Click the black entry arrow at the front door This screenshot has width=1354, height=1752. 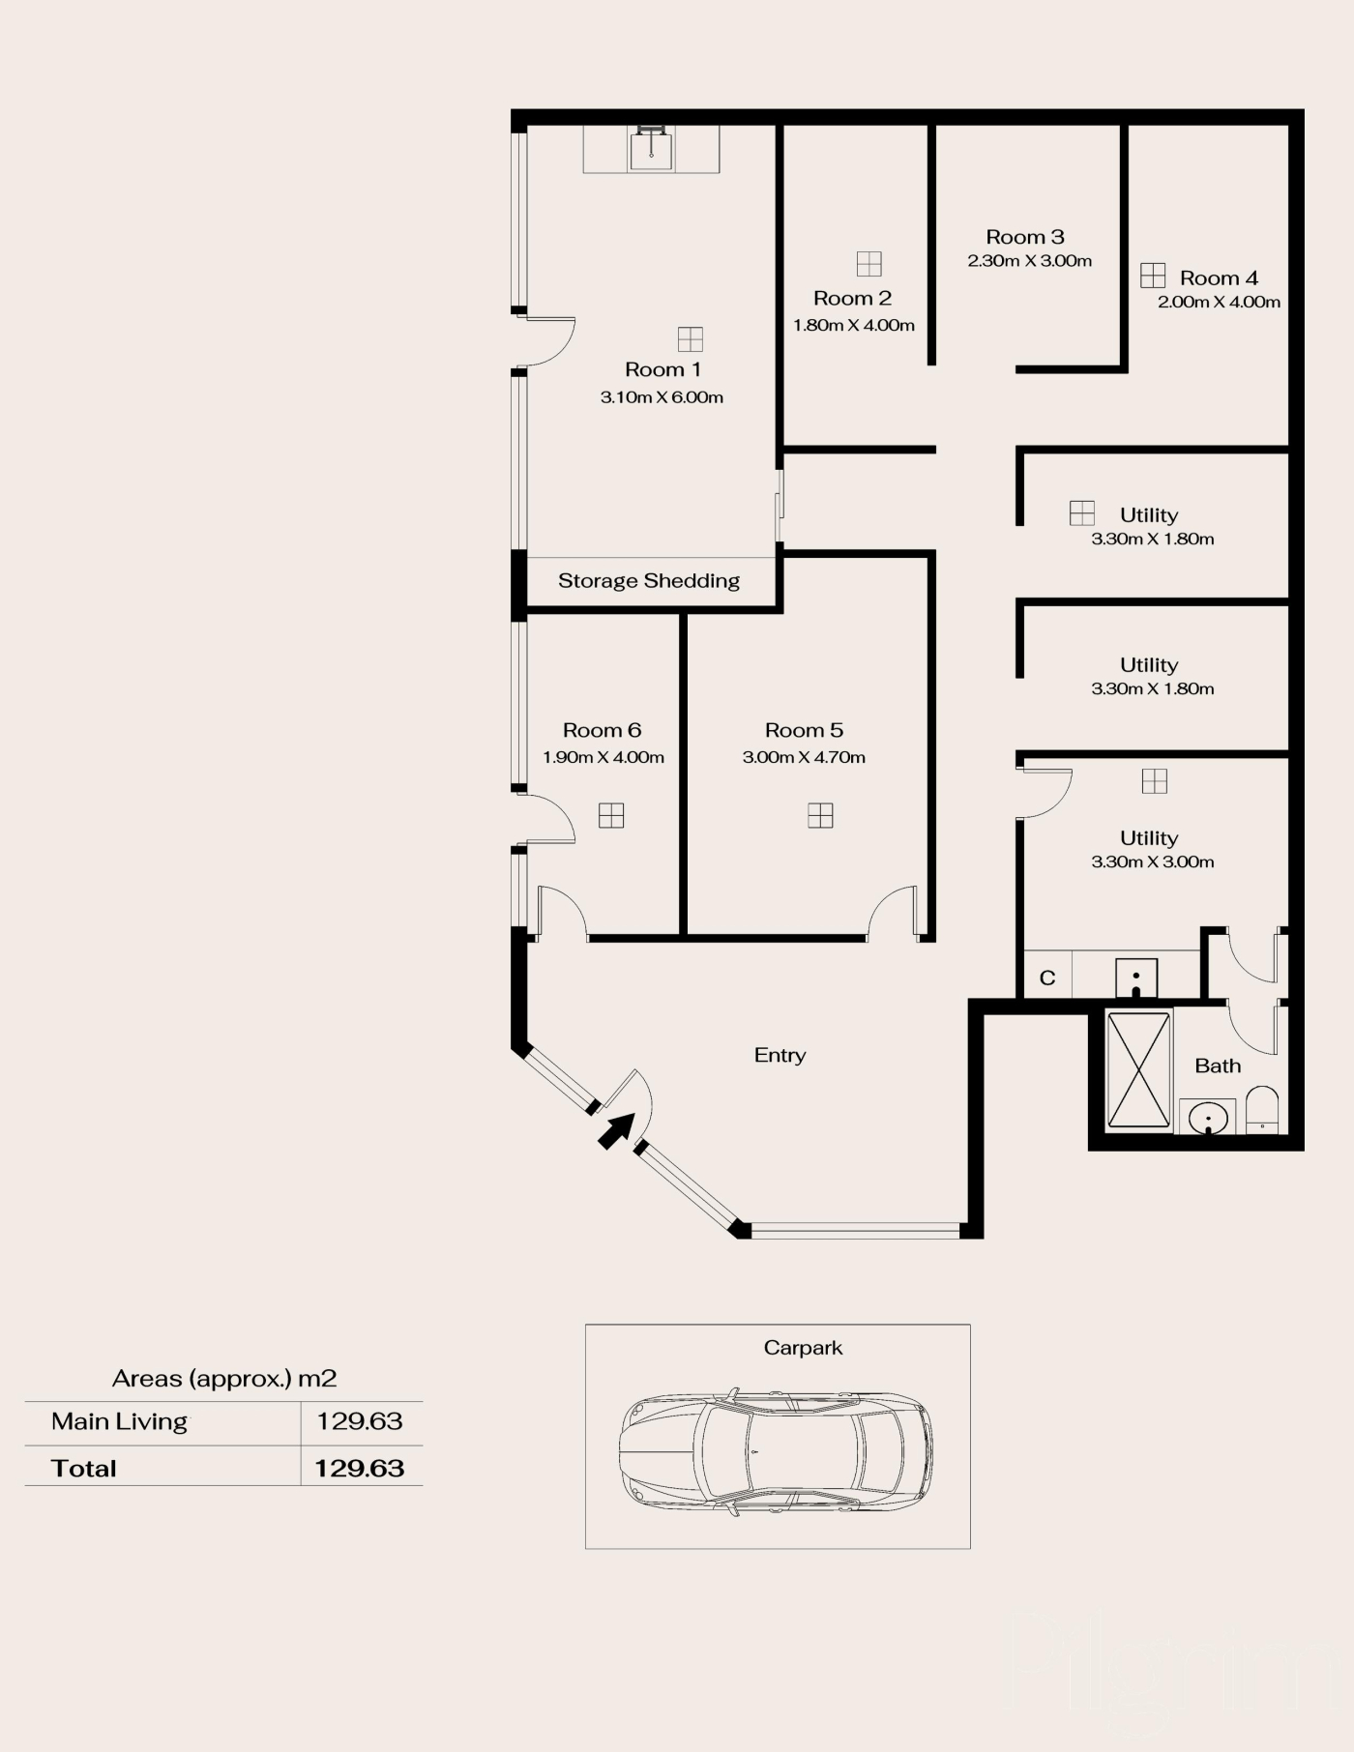coord(617,1130)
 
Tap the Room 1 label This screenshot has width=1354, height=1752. coord(662,369)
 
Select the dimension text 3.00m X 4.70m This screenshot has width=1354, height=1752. coord(804,757)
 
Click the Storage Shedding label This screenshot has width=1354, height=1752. coord(649,580)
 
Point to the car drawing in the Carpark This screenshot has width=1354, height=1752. coord(777,1450)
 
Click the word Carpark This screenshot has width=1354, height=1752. coord(803,1348)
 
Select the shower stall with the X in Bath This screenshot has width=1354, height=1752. coord(1138,1069)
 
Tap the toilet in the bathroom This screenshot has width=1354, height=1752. coord(1262,1110)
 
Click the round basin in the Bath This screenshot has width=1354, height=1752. coord(1208,1119)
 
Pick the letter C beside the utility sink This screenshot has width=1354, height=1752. coord(1047,978)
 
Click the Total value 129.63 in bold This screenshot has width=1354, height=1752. coord(359,1468)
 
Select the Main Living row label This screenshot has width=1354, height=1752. coord(119,1421)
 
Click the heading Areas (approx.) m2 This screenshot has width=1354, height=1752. coord(224,1378)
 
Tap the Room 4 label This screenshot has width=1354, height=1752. coord(1219,278)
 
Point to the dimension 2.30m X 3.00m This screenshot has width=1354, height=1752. coord(1030,260)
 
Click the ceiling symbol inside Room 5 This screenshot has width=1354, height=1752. coord(820,815)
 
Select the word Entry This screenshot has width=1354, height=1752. coord(780,1055)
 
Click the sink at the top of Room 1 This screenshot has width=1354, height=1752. coord(652,149)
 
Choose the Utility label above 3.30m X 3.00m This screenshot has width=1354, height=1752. coord(1149,838)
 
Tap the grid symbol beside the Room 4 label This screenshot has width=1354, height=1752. coord(1153,276)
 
